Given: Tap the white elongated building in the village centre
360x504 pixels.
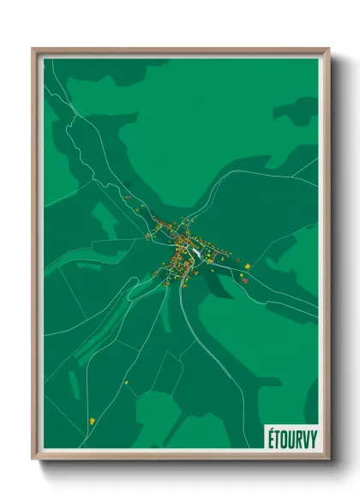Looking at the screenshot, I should click(197, 252).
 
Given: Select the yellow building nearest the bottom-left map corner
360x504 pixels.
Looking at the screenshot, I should click(91, 420).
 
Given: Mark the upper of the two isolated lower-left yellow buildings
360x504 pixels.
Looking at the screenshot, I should click(126, 382).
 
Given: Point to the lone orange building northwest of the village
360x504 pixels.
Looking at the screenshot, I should click(127, 199).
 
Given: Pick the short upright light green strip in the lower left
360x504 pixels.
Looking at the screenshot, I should click(74, 385).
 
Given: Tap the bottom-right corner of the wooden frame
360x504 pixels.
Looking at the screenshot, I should click(328, 460).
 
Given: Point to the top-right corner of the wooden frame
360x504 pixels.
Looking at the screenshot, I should click(328, 49).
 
